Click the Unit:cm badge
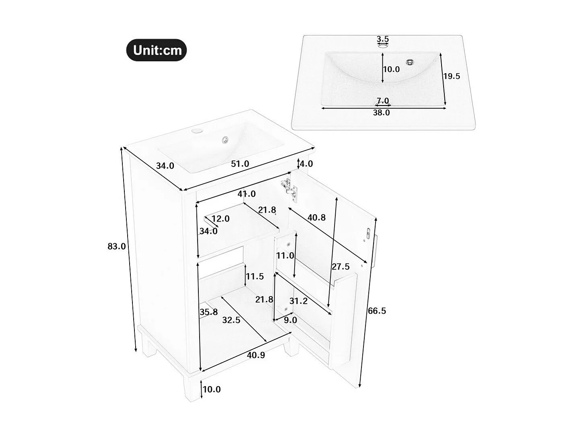point(157,50)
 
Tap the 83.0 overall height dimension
point(117,246)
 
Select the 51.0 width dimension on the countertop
point(240,164)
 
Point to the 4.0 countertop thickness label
point(306,164)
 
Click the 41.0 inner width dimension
point(246,194)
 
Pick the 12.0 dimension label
point(220,218)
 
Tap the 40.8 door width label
point(316,218)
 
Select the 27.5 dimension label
point(341,266)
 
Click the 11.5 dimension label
point(255,276)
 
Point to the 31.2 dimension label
point(298,301)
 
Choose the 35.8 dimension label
point(208,312)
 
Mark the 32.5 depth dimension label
point(231,320)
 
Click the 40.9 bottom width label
point(256,355)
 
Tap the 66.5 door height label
point(377,311)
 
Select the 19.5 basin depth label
point(451,76)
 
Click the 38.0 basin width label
point(381,113)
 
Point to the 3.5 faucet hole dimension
point(383,39)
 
